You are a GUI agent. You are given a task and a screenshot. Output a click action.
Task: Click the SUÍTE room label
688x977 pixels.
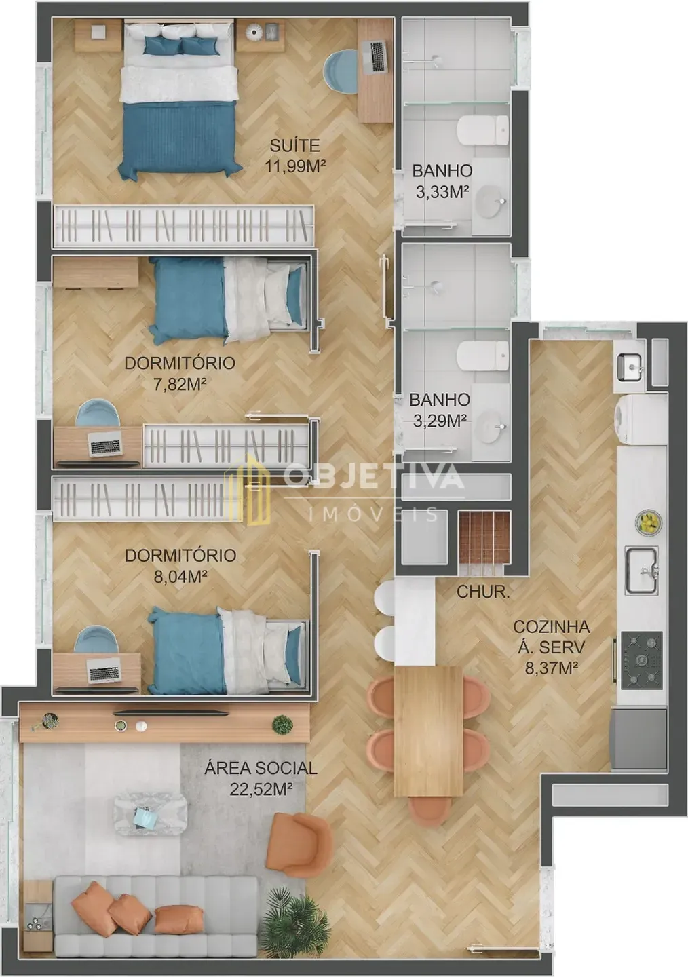[294, 145]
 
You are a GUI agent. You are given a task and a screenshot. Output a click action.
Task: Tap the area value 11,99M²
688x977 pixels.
[295, 166]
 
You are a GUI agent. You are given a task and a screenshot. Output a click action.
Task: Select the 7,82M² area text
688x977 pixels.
[180, 384]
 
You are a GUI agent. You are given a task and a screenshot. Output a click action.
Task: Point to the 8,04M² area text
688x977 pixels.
[180, 577]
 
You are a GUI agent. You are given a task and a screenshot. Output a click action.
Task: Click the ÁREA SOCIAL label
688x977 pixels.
[261, 769]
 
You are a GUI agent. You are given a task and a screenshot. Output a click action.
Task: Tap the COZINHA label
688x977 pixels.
[552, 627]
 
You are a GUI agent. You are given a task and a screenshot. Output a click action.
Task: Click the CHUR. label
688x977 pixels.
[483, 592]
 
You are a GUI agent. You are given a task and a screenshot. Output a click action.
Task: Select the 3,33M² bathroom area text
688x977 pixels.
[442, 192]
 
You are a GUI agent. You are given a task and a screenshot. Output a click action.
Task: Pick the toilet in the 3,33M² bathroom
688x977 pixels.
[483, 130]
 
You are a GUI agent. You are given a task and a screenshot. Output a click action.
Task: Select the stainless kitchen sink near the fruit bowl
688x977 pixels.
[641, 570]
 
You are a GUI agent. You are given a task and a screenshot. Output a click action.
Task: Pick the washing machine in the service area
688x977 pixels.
[641, 419]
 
